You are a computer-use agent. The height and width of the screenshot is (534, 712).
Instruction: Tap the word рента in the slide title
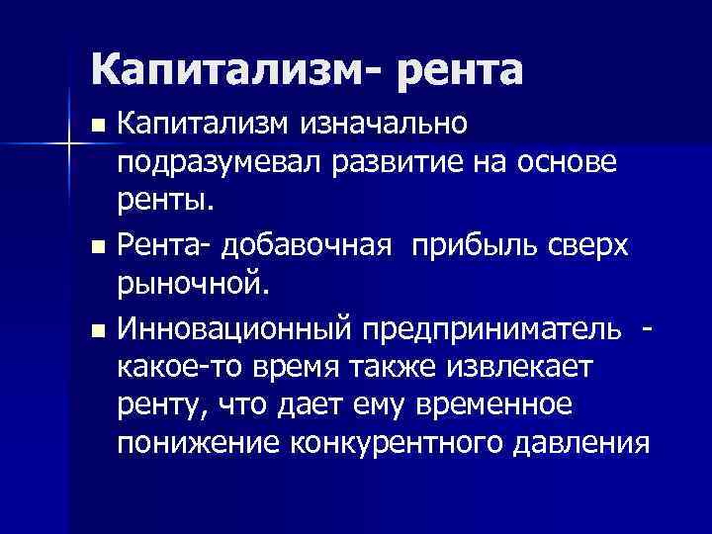click(449, 68)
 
